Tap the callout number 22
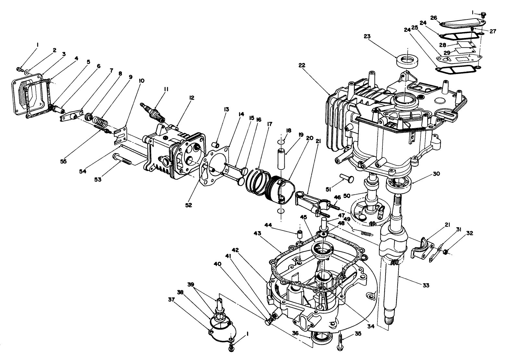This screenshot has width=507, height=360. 302,65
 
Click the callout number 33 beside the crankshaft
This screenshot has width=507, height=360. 426,285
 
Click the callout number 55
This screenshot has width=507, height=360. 63,161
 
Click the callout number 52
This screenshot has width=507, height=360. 189,205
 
